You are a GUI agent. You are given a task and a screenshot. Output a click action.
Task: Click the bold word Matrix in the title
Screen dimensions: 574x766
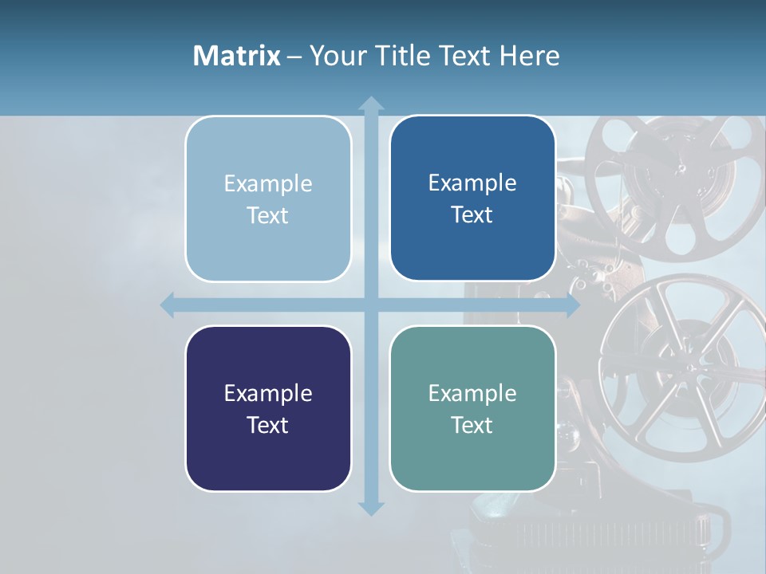[237, 56]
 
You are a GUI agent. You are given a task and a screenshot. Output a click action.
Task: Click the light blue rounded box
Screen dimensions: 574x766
[268, 199]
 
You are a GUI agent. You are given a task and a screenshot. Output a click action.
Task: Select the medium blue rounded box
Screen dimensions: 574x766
[472, 198]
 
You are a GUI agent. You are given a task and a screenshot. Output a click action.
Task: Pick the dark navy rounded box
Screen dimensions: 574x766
[268, 408]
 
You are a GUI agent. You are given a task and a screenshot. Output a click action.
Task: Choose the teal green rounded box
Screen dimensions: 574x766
[472, 408]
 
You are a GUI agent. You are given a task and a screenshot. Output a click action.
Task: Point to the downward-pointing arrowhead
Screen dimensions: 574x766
[370, 508]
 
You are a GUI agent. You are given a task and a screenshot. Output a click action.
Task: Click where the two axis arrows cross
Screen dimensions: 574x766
[370, 305]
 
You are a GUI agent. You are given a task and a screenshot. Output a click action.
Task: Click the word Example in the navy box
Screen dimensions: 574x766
[268, 393]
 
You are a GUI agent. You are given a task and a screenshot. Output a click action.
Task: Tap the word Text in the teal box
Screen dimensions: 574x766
[472, 425]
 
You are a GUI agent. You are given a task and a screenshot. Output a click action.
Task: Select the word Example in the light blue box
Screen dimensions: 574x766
[268, 183]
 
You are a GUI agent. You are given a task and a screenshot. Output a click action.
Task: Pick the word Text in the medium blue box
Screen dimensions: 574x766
[472, 214]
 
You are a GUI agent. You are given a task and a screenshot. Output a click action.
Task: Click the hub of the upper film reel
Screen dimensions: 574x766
[681, 168]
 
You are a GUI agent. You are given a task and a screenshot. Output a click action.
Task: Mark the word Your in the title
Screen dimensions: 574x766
[334, 56]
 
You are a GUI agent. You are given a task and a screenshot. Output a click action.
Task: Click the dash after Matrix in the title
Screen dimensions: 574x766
[294, 57]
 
